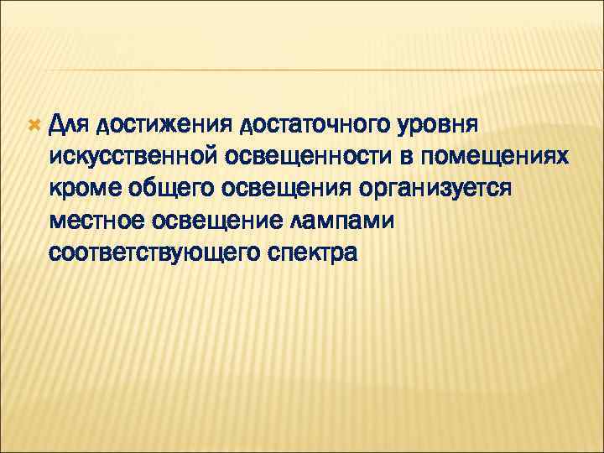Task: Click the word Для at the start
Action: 70,125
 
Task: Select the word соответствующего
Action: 157,251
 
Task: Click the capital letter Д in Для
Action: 57,125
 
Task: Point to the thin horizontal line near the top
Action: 302,70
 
